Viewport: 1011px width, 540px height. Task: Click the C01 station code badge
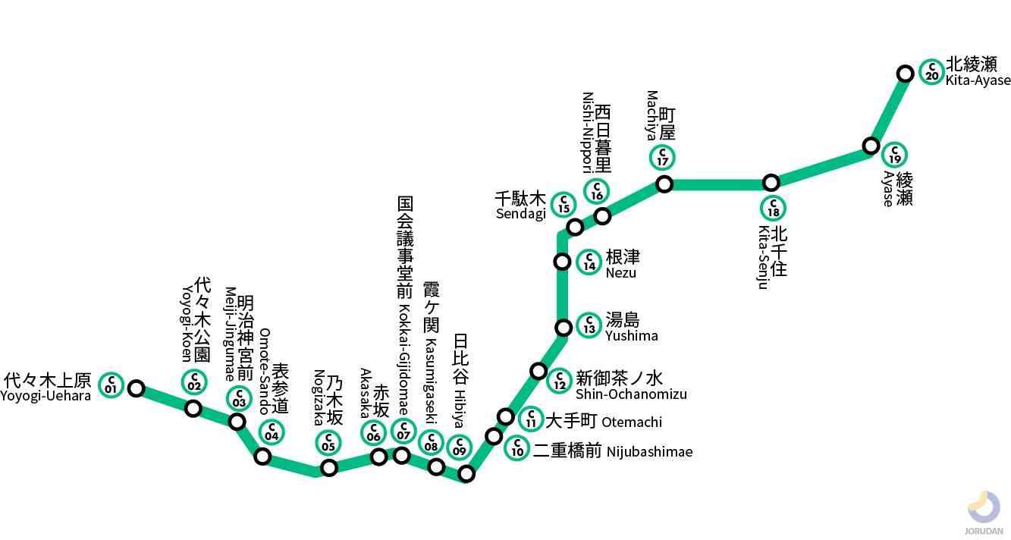(111, 385)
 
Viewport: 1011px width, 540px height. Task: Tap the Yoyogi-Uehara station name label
(47, 387)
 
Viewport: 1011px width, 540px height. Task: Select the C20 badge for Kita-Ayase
(931, 71)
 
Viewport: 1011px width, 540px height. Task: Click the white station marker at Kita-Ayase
(905, 74)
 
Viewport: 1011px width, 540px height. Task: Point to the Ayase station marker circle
(871, 146)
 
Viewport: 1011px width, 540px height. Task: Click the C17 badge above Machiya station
(663, 158)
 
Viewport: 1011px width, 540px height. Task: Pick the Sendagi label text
(521, 206)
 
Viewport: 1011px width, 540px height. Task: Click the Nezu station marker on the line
(562, 262)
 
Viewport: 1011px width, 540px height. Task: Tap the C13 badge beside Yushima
(589, 325)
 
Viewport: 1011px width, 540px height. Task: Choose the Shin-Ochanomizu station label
(631, 385)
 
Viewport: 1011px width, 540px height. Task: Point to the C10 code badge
(516, 447)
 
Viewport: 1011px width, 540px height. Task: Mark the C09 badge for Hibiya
(459, 447)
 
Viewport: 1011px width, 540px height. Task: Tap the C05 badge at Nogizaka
(328, 442)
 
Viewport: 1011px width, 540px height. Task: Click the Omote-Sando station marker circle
(262, 457)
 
